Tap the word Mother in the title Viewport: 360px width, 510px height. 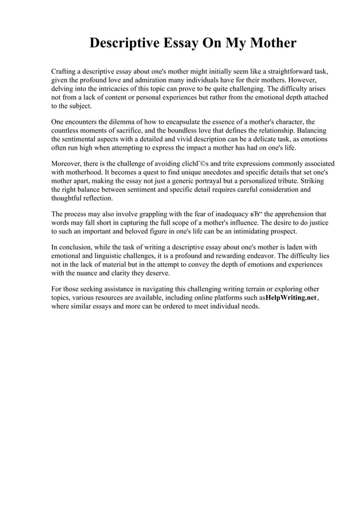pos(266,43)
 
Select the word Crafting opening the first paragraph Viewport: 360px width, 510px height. pos(65,73)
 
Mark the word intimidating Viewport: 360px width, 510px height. pos(251,231)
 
